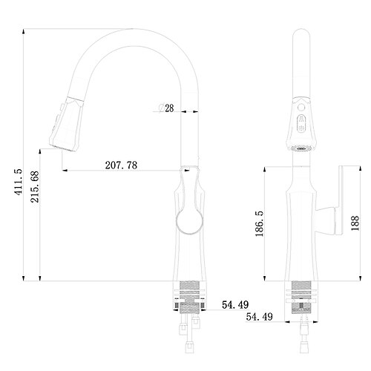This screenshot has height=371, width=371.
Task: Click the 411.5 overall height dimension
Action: [x=19, y=182]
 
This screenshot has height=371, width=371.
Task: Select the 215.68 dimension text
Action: [x=35, y=187]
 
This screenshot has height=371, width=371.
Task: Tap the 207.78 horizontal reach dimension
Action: [x=121, y=165]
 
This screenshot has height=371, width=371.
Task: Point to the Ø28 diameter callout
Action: [x=166, y=108]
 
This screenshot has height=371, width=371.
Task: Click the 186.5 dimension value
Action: [x=260, y=224]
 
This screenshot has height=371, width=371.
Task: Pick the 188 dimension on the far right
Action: [x=355, y=223]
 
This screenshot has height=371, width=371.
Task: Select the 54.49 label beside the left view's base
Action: [x=235, y=305]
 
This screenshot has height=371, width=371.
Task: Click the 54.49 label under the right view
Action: [x=260, y=317]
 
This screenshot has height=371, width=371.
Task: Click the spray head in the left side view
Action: [x=66, y=125]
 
